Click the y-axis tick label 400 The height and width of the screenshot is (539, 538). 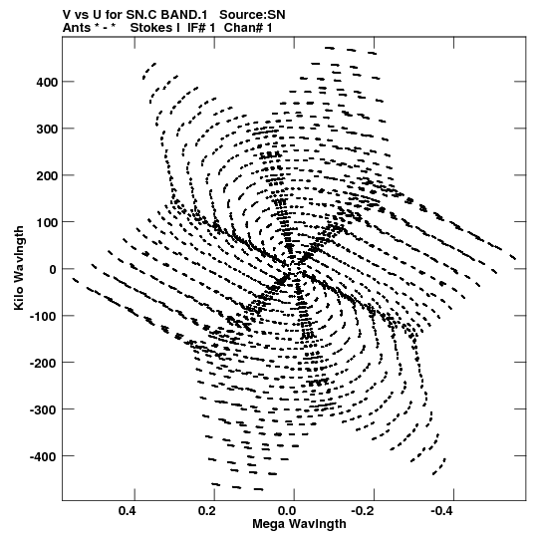[47, 82]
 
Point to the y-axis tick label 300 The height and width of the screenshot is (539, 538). [47, 129]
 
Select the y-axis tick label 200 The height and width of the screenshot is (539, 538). [47, 175]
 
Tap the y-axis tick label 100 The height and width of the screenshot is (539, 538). [47, 222]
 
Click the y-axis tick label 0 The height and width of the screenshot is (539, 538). [53, 269]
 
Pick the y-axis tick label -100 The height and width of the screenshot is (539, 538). [43, 316]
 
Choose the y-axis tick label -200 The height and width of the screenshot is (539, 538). [43, 363]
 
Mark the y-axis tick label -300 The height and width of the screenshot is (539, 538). [43, 409]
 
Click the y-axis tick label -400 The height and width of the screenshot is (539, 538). [43, 456]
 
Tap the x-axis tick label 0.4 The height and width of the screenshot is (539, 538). [128, 511]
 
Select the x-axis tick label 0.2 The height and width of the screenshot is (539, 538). [207, 511]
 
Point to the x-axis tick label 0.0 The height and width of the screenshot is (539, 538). [287, 511]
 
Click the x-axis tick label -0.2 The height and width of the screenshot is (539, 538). [364, 511]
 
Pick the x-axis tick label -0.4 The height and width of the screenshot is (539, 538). [443, 511]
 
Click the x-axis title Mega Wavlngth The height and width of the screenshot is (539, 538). [299, 524]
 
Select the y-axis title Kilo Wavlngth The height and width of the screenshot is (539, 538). [19, 268]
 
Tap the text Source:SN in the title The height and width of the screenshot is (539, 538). [252, 15]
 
